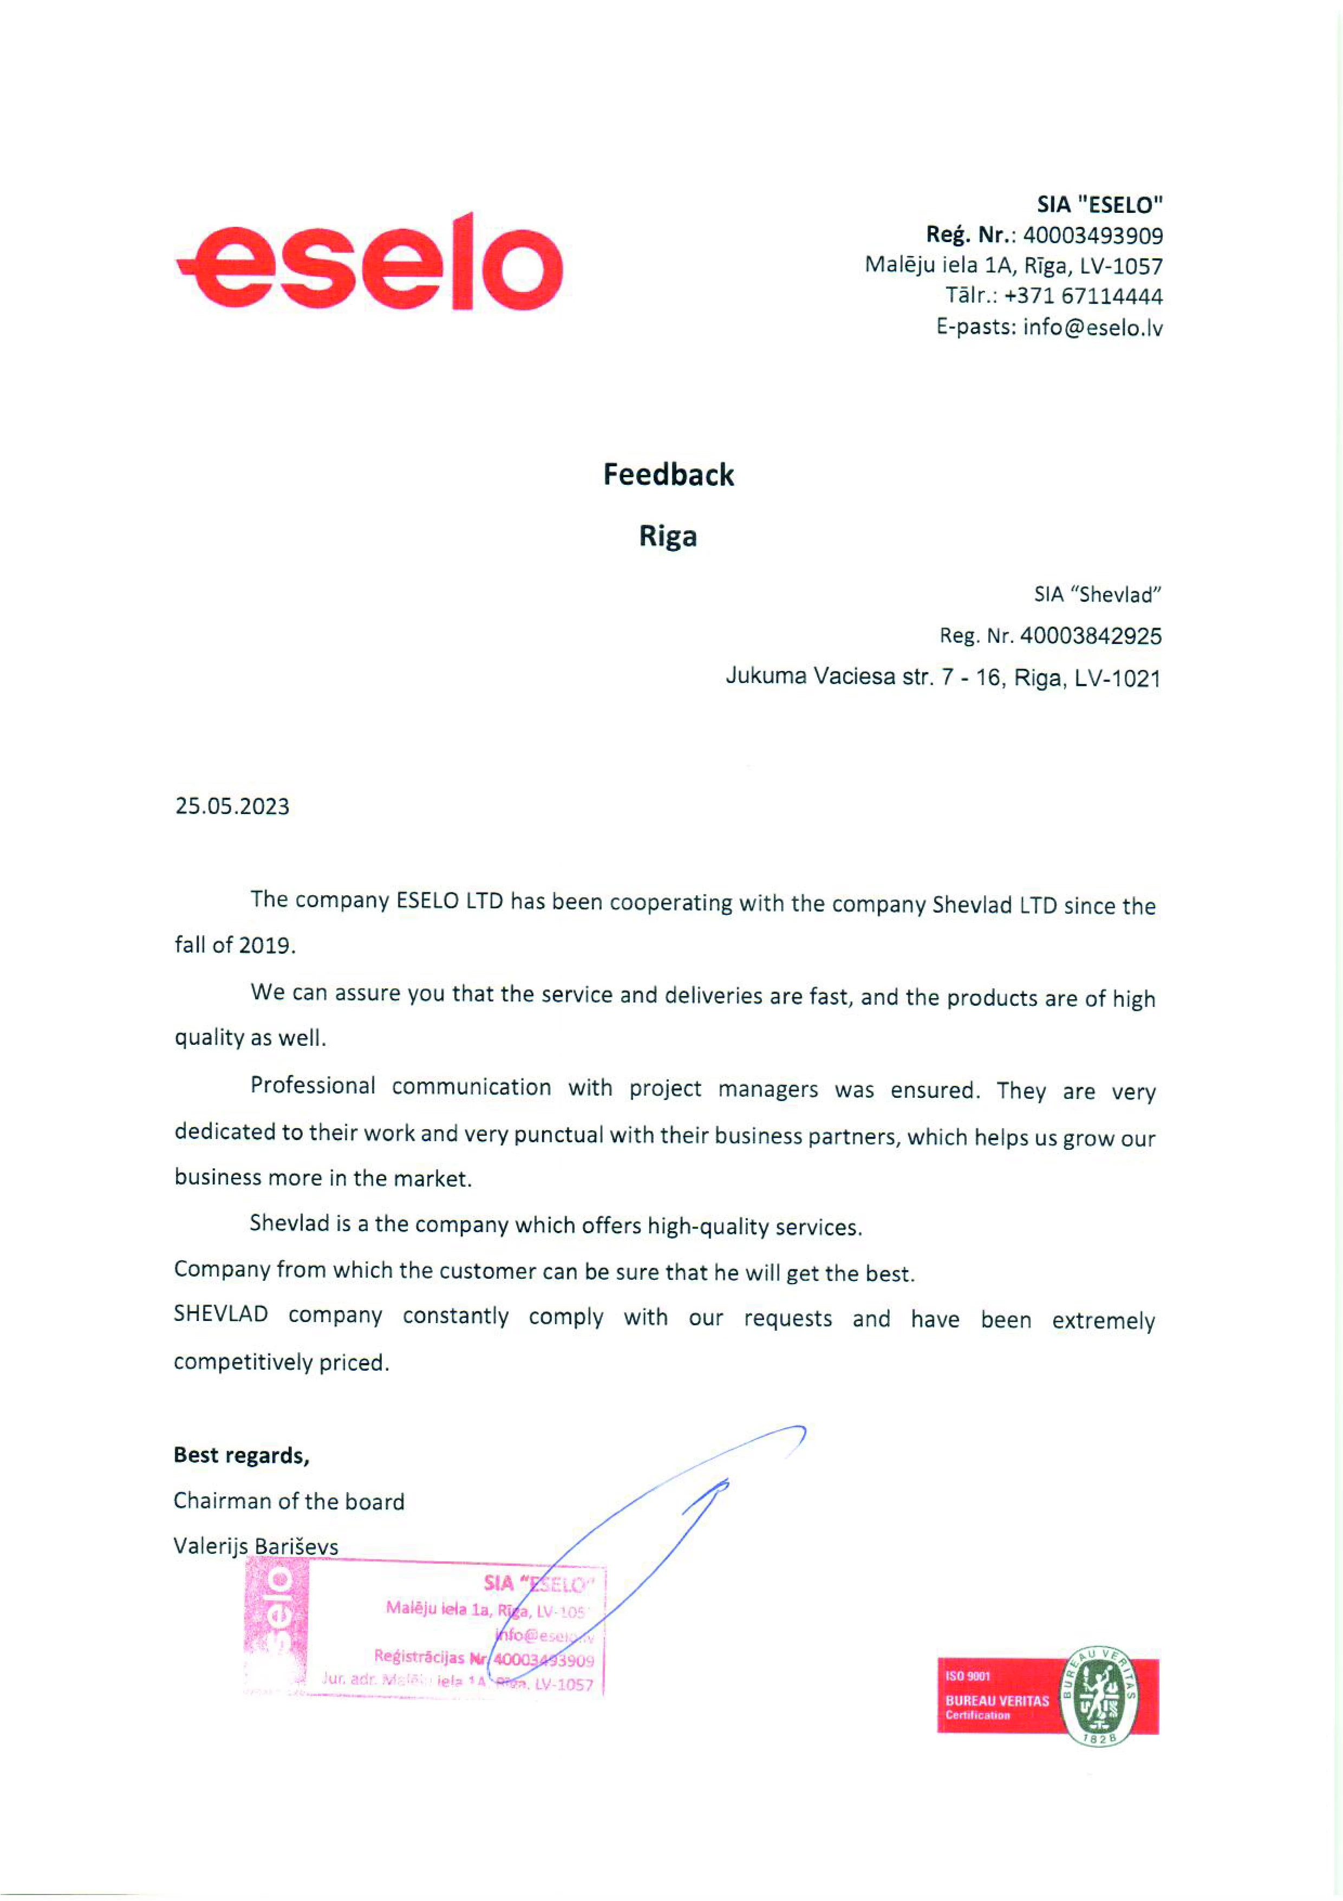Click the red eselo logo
click(x=369, y=263)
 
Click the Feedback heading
click(x=668, y=474)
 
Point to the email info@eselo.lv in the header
click(x=1093, y=328)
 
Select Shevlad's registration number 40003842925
click(x=1091, y=636)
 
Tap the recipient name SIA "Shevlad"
click(x=1097, y=595)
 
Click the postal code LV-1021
click(x=1117, y=679)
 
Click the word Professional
click(x=313, y=1085)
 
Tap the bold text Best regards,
click(x=241, y=1455)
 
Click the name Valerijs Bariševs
click(x=256, y=1546)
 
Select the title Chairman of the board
click(x=288, y=1501)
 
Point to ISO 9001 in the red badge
click(x=967, y=1676)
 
